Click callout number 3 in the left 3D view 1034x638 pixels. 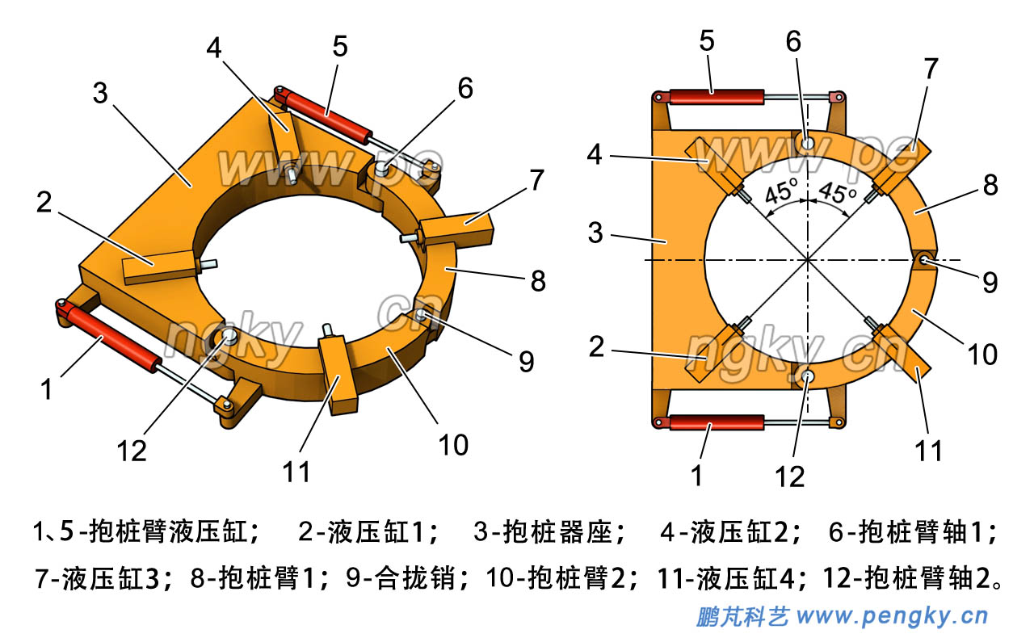[x=99, y=94]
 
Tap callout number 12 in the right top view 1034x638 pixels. [x=790, y=476]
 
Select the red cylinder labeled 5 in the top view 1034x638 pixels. [x=716, y=97]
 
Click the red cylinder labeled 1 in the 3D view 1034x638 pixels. [x=113, y=341]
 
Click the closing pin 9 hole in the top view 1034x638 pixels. [x=924, y=259]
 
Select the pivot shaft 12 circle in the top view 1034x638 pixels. [x=807, y=376]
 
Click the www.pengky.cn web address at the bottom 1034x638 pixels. [x=893, y=617]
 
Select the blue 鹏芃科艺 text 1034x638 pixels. [x=742, y=617]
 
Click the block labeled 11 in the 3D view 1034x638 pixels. [x=337, y=380]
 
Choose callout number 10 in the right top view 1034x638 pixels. [x=983, y=354]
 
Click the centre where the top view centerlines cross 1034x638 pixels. [x=807, y=260]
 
